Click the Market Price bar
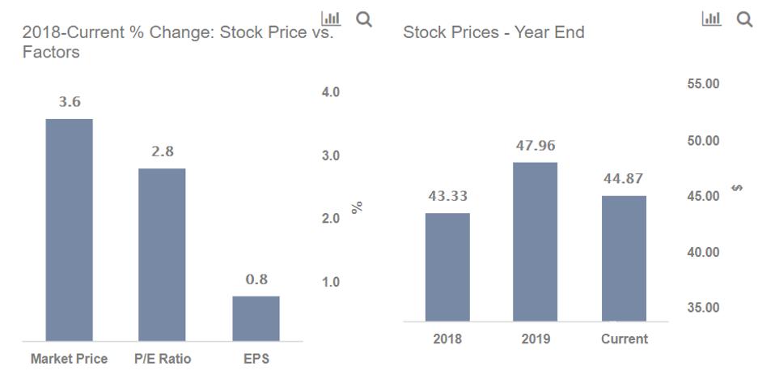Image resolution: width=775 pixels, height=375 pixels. pyautogui.click(x=69, y=230)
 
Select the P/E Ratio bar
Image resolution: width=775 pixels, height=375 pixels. pyautogui.click(x=162, y=254)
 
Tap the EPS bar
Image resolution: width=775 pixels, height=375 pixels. pyautogui.click(x=256, y=318)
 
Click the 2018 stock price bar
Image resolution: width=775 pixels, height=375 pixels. pyautogui.click(x=447, y=267)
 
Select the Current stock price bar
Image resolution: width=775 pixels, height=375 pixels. pyautogui.click(x=624, y=258)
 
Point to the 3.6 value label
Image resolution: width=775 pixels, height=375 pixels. pyautogui.click(x=69, y=102)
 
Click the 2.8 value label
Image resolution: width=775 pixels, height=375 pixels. pyautogui.click(x=162, y=151)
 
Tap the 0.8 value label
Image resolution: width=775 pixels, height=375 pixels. pyautogui.click(x=256, y=279)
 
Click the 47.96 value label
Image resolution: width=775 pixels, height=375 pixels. pyautogui.click(x=536, y=147)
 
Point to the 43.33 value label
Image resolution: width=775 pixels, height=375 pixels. pyautogui.click(x=447, y=197)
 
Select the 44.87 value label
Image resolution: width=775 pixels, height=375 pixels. pyautogui.click(x=624, y=179)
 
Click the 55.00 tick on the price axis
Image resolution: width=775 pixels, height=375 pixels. pyautogui.click(x=703, y=84)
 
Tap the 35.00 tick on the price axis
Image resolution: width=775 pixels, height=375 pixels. pyautogui.click(x=703, y=308)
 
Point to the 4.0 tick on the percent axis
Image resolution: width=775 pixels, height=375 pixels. pyautogui.click(x=330, y=92)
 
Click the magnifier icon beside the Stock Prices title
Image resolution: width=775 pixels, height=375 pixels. pyautogui.click(x=743, y=19)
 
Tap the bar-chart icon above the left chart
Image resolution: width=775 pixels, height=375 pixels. pyautogui.click(x=330, y=19)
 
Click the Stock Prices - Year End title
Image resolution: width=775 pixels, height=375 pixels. pyautogui.click(x=493, y=33)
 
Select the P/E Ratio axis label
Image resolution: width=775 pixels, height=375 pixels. pyautogui.click(x=162, y=359)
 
